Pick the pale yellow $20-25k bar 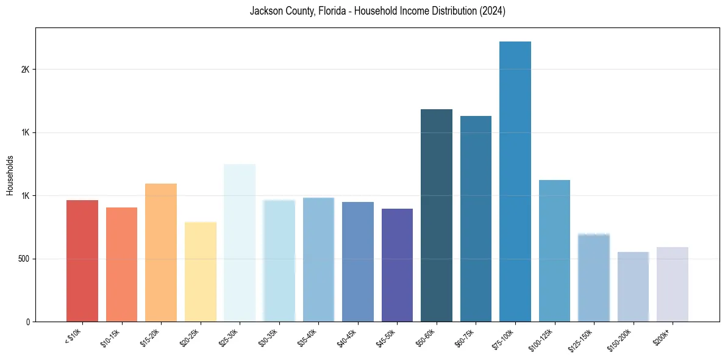[x=201, y=272]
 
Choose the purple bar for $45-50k [x=397, y=265]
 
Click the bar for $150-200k [x=633, y=287]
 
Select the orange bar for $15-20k [x=161, y=253]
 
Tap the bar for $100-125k [x=554, y=251]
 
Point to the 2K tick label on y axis [x=25, y=70]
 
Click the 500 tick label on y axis [x=23, y=259]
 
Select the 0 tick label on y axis [x=27, y=322]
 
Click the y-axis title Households [x=10, y=175]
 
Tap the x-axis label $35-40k [x=309, y=338]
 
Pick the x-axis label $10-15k [x=112, y=338]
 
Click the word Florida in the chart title [x=333, y=11]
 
